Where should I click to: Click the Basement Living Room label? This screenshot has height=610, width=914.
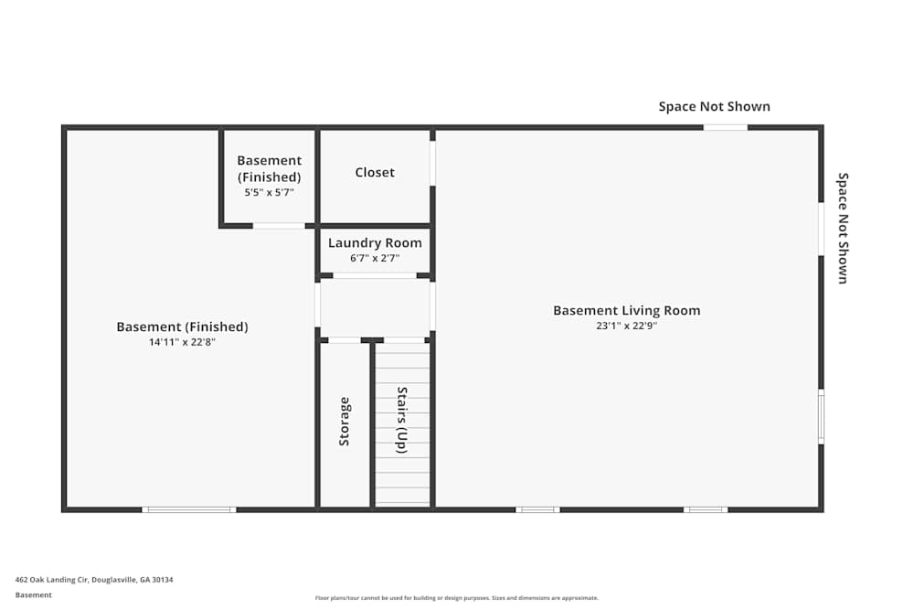626,310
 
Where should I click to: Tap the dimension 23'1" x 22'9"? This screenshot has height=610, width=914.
626,326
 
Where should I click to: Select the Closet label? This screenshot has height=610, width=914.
375,172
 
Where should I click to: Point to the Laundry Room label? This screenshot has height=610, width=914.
375,242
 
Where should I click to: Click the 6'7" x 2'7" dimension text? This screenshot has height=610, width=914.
375,258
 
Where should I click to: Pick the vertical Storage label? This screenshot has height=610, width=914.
345,422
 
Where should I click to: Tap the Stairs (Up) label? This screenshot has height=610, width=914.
401,421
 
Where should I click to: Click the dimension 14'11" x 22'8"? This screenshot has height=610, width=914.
182,342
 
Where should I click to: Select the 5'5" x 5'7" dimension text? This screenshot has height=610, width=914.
269,193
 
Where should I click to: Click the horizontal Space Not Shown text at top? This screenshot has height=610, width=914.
714,106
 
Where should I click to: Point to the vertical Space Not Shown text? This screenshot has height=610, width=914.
843,228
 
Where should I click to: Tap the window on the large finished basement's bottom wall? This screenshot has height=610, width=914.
189,509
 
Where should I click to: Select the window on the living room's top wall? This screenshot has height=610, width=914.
725,127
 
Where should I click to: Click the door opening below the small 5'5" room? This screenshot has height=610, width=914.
279,226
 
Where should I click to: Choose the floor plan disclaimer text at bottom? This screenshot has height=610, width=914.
456,598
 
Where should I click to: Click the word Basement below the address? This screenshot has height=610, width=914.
34,594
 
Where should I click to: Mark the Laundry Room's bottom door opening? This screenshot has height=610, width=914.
375,275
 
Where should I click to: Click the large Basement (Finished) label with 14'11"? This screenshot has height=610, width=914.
182,326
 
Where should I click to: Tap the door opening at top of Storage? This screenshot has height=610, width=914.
345,340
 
